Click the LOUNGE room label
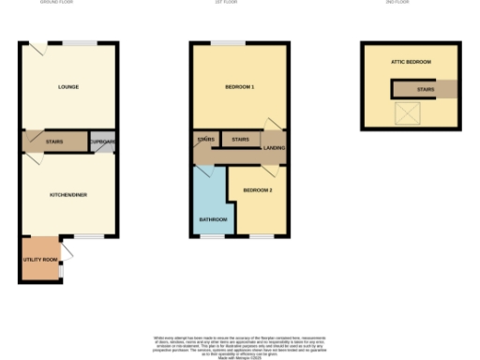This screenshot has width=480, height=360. pos(67,87)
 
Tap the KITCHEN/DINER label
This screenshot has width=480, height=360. pos(68,194)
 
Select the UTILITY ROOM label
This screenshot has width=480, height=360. pos(40,259)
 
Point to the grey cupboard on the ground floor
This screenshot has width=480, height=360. pos(102,142)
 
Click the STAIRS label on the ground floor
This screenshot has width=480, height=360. pos(54,142)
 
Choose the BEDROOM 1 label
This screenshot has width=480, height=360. pos(240,87)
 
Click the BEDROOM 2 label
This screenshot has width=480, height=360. pos(257,190)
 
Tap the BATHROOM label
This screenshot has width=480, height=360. pos(212,219)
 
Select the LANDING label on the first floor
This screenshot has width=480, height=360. pos(275,146)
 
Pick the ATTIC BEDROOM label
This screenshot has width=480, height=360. pos(411,62)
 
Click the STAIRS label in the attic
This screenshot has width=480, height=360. pos(425,90)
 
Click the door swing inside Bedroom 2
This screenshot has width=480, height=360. pos(270,172)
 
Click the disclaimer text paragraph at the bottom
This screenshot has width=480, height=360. pos(240,342)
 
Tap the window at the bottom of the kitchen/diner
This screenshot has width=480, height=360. pos(88,237)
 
